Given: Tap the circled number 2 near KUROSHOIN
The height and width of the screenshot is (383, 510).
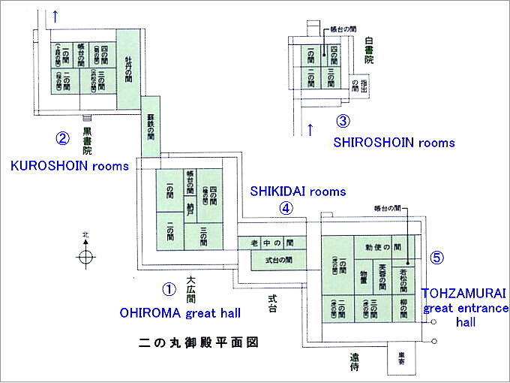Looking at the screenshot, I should [x=64, y=138].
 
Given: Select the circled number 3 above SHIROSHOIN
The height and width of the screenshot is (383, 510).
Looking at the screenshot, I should [x=343, y=120].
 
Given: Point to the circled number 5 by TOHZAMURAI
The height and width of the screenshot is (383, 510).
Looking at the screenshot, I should [x=438, y=257].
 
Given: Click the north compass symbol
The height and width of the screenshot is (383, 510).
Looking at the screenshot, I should [x=86, y=256].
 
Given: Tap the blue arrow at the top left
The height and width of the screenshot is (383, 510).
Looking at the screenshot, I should [x=55, y=14].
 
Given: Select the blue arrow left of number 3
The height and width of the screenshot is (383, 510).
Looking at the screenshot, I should [x=310, y=129].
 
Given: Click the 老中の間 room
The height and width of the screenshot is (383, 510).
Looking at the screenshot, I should [x=272, y=243].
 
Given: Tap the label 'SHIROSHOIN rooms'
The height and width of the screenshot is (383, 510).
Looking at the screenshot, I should [x=395, y=142].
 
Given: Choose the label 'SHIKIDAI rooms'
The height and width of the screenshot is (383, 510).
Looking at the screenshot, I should [x=298, y=191].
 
